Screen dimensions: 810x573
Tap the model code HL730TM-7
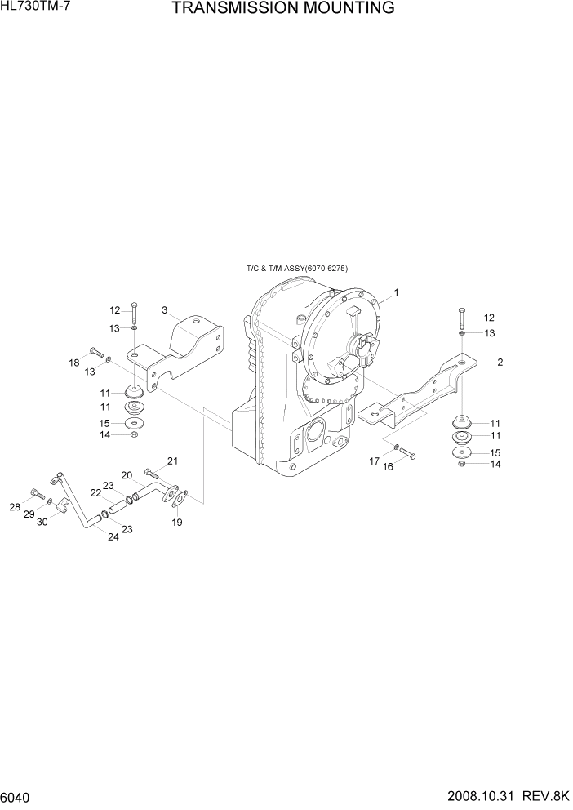point(37,7)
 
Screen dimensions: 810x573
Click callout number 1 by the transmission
point(396,292)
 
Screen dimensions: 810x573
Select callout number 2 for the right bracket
point(500,362)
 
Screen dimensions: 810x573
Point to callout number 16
point(389,466)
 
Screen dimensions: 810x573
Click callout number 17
point(374,461)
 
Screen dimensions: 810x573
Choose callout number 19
point(176,523)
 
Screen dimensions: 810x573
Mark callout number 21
point(172,461)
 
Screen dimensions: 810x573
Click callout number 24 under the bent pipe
point(113,536)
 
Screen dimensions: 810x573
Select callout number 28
point(15,507)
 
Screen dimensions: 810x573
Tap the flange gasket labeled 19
point(182,496)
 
